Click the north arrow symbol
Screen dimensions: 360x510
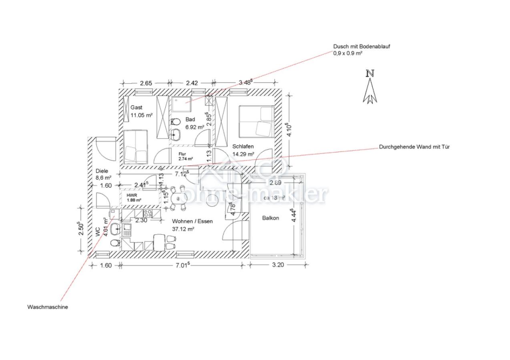pos(370,88)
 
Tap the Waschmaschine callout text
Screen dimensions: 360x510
pos(48,307)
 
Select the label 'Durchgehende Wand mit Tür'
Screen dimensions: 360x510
pos(414,147)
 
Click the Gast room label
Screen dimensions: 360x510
pos(137,108)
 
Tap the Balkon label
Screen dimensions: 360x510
pos(271,218)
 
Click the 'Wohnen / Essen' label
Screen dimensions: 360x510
pos(192,221)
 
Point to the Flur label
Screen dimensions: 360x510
pos(183,154)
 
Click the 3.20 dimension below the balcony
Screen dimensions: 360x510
pos(278,264)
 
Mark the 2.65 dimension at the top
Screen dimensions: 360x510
pos(146,83)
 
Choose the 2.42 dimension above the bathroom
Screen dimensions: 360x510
pos(192,83)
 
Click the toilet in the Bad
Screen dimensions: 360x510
pos(175,122)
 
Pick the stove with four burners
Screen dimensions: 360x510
pos(148,214)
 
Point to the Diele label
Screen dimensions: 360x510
pos(102,171)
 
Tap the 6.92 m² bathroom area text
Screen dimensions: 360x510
pos(195,127)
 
